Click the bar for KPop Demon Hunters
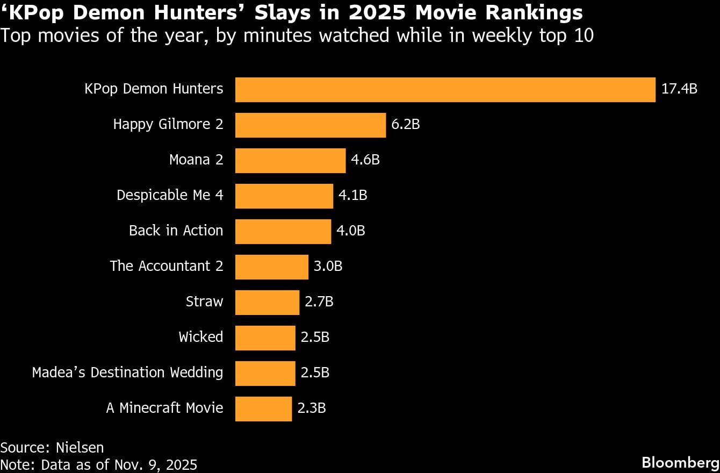[x=445, y=89]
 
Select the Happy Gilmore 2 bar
[x=311, y=125]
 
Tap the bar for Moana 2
[x=290, y=160]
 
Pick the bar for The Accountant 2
[x=272, y=267]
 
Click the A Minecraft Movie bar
[x=263, y=408]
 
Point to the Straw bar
[x=267, y=302]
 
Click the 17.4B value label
[x=679, y=89]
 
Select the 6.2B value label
[x=405, y=124]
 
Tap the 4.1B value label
[x=352, y=195]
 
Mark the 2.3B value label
[x=312, y=408]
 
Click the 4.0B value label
[x=350, y=231]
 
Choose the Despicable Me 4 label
[x=170, y=195]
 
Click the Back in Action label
[x=176, y=231]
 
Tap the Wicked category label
[x=200, y=337]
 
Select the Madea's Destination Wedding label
[x=127, y=372]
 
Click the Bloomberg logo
[x=680, y=462]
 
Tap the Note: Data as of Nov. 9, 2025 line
[x=99, y=464]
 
